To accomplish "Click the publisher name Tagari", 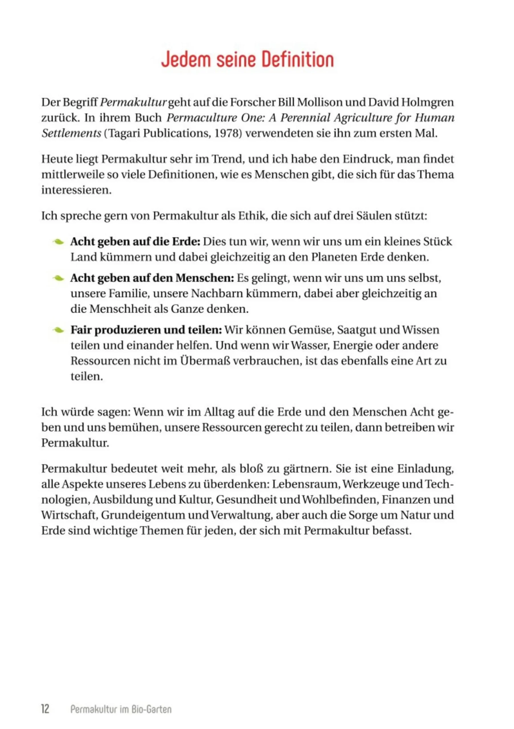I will click(123, 133).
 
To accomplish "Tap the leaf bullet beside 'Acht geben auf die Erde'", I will click(58, 242).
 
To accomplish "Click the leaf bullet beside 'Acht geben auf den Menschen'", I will click(58, 278).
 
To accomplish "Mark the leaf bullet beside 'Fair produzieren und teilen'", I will click(58, 330).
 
